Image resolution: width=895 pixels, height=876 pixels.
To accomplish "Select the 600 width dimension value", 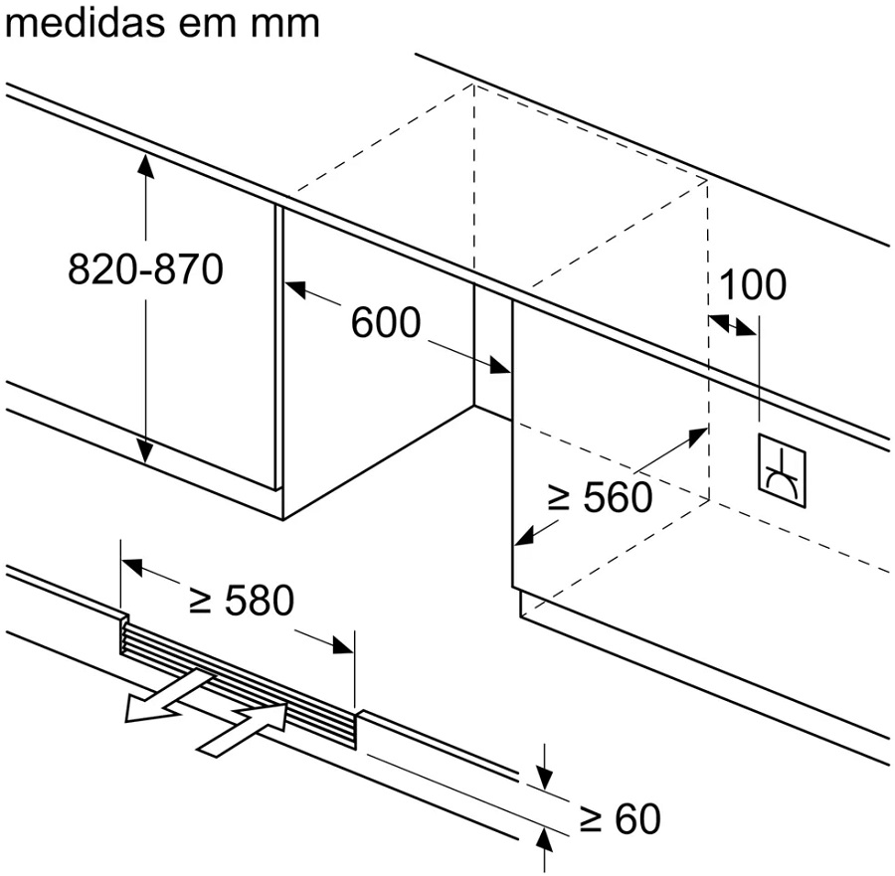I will (x=386, y=322).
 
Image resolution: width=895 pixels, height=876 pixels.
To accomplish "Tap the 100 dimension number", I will (x=752, y=284).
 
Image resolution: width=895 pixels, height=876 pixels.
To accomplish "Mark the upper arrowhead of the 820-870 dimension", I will (x=146, y=165).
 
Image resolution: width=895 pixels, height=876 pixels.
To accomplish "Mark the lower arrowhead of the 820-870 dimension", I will (x=146, y=452).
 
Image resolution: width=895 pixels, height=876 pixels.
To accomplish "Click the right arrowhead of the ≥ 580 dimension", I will (x=343, y=645).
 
